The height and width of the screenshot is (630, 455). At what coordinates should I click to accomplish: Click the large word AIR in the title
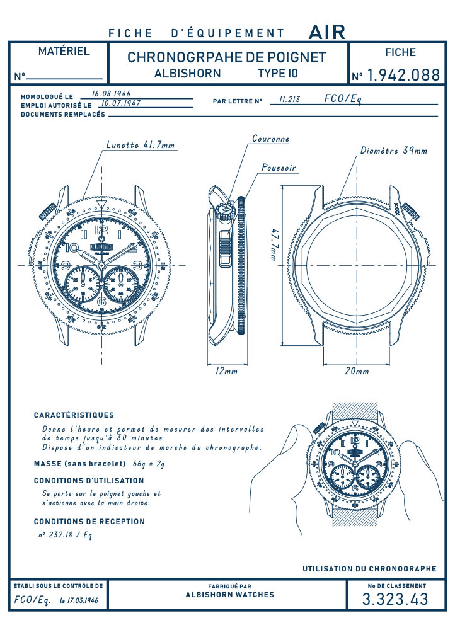pyautogui.click(x=327, y=32)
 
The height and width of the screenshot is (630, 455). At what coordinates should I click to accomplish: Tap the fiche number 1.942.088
pyautogui.click(x=404, y=75)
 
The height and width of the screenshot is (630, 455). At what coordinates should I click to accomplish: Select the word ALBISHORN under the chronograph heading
pyautogui.click(x=188, y=74)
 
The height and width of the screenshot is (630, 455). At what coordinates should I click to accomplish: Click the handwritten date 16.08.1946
pyautogui.click(x=112, y=94)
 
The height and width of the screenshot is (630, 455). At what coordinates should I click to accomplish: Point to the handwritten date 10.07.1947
pyautogui.click(x=121, y=103)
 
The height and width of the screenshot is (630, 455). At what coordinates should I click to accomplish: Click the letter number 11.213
pyautogui.click(x=289, y=100)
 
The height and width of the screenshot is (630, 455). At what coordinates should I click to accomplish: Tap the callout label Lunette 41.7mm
pyautogui.click(x=141, y=145)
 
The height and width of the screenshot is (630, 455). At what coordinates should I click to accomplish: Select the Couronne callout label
pyautogui.click(x=271, y=139)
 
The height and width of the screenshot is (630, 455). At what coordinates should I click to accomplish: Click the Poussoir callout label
pyautogui.click(x=279, y=168)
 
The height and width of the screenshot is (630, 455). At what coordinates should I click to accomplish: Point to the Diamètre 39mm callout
pyautogui.click(x=394, y=151)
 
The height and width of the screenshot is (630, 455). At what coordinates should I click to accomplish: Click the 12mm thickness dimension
pyautogui.click(x=227, y=371)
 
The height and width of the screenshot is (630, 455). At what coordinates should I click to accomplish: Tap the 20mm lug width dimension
pyautogui.click(x=357, y=371)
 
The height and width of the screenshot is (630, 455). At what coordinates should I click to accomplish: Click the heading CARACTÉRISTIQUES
pyautogui.click(x=74, y=415)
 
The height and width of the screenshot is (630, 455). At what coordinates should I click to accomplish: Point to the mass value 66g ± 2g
pyautogui.click(x=149, y=464)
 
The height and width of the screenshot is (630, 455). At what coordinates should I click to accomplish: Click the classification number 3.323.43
pyautogui.click(x=396, y=599)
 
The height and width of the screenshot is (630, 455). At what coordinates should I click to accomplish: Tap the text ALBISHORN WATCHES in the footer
pyautogui.click(x=230, y=595)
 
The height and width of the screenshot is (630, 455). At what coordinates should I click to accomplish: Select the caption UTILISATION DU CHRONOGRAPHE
pyautogui.click(x=369, y=568)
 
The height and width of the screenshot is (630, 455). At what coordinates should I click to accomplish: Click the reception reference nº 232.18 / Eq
pyautogui.click(x=66, y=535)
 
